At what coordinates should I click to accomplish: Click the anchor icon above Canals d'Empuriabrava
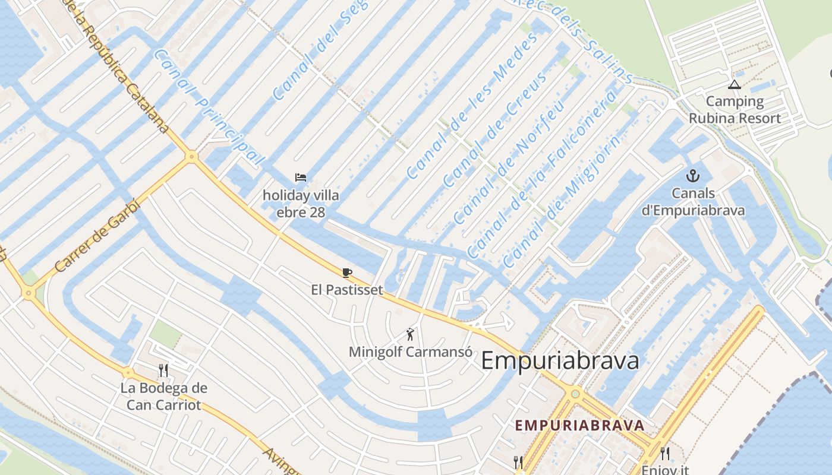(x=692, y=175)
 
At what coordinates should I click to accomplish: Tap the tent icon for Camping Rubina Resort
(x=735, y=84)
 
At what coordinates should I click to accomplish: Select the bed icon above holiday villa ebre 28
(x=301, y=177)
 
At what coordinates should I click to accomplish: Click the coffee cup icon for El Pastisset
(x=347, y=273)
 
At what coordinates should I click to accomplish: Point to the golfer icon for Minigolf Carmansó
(x=410, y=334)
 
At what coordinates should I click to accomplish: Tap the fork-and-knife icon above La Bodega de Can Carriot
(x=163, y=370)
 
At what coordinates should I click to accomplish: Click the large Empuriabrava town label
(x=559, y=360)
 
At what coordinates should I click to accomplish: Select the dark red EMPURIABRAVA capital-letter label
(x=579, y=425)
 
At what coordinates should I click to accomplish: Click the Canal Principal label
(x=208, y=107)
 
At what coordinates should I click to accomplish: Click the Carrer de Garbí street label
(x=96, y=236)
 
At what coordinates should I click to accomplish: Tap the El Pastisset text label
(x=347, y=290)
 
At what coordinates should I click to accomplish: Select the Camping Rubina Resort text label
(x=735, y=109)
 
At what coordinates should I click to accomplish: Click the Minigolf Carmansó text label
(x=410, y=351)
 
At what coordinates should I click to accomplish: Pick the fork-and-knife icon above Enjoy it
(x=665, y=454)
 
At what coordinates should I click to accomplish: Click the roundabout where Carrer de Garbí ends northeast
(x=191, y=157)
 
